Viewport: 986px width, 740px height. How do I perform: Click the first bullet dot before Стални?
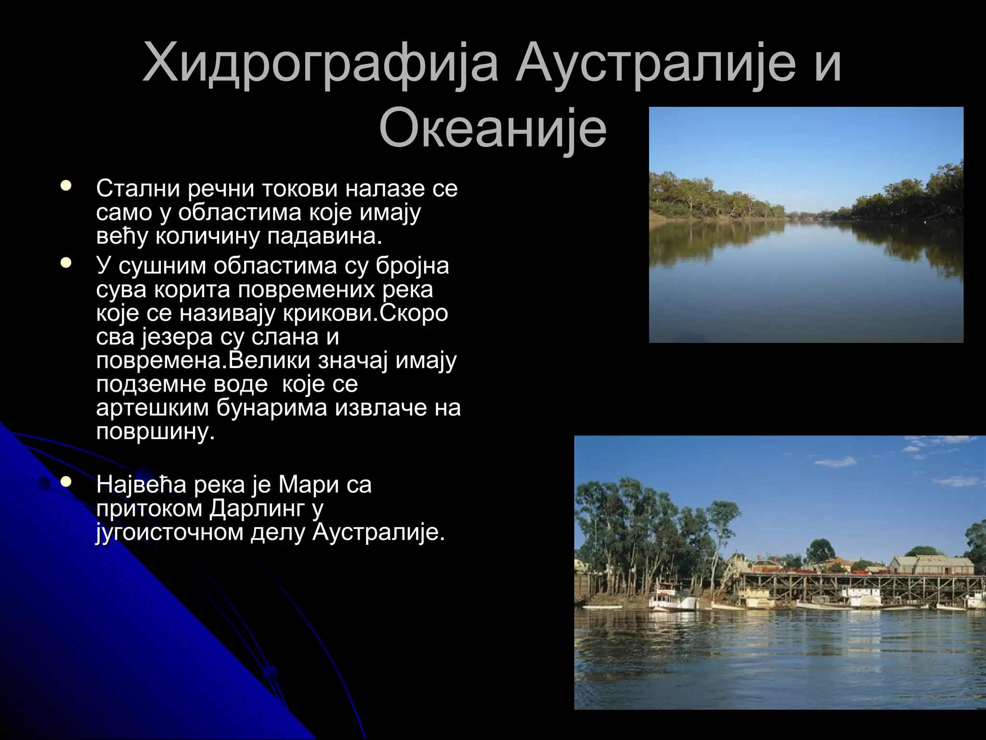(x=66, y=185)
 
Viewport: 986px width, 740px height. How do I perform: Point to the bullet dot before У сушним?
(x=66, y=263)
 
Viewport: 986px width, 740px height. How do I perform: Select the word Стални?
(x=138, y=188)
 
